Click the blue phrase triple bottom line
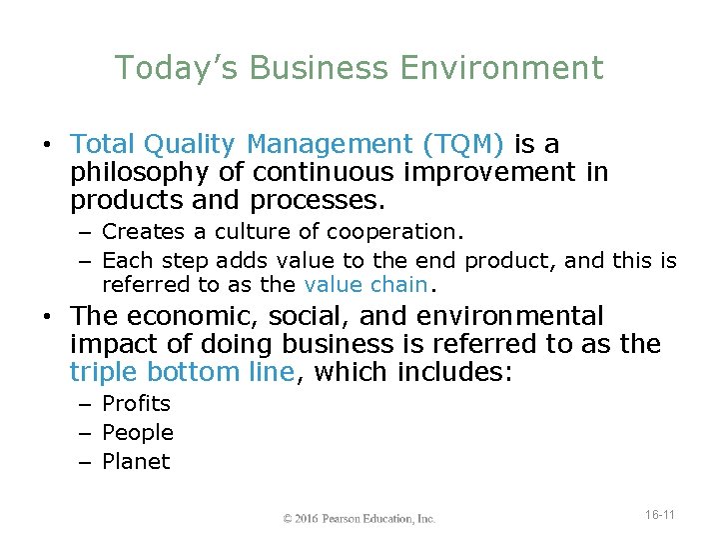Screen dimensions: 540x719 [182, 373]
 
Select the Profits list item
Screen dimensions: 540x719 [137, 404]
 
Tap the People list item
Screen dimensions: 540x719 [138, 433]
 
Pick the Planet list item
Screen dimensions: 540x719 [136, 462]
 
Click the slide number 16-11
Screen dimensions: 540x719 [659, 515]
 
